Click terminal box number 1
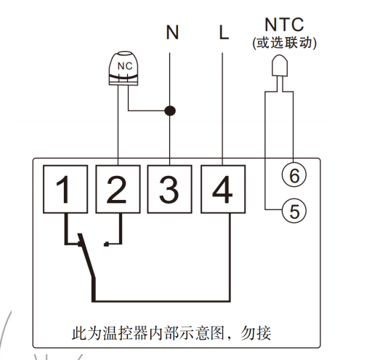click(x=64, y=189)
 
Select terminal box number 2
click(x=117, y=189)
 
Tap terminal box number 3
click(x=170, y=189)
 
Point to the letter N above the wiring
click(x=171, y=32)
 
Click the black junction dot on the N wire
click(x=170, y=111)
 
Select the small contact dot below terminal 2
click(x=106, y=244)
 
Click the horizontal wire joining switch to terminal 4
click(x=160, y=300)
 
